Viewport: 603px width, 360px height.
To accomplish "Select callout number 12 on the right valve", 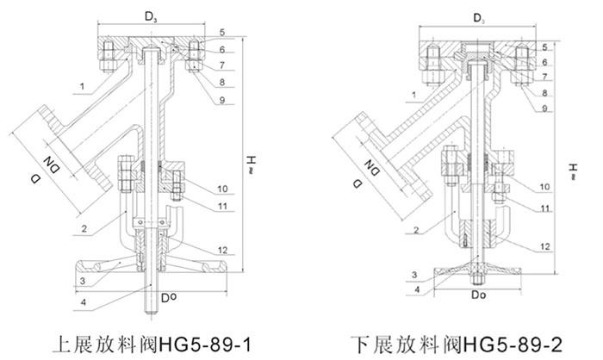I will coord(546,246).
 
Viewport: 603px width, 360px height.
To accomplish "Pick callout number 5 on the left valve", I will coord(222,33).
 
